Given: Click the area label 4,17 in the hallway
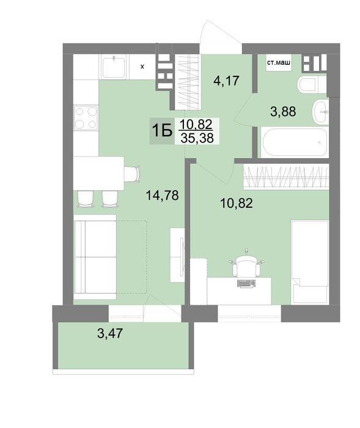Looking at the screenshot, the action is (226, 81).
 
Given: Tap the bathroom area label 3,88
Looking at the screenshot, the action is (283, 112).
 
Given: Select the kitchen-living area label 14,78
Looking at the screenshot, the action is (163, 195).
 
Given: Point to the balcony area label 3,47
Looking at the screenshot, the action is (110, 334).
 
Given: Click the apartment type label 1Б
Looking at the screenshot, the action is (162, 131).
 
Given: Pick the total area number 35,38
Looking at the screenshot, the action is (197, 138).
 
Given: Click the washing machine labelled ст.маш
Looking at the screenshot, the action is (279, 63).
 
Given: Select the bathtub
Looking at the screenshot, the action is (295, 142).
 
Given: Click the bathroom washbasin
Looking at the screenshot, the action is (320, 112).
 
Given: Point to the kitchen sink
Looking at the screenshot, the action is (114, 67).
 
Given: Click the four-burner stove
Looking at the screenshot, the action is (86, 118).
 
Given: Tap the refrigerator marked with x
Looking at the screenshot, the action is (142, 67).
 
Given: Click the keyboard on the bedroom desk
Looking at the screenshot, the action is (246, 283).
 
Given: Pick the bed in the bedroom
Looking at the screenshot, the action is (310, 262).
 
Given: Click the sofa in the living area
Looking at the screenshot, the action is (95, 257).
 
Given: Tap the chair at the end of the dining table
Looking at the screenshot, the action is (133, 174).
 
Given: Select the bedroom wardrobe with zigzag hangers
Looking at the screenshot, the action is (286, 176).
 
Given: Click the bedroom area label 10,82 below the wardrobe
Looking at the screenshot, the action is (237, 204).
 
